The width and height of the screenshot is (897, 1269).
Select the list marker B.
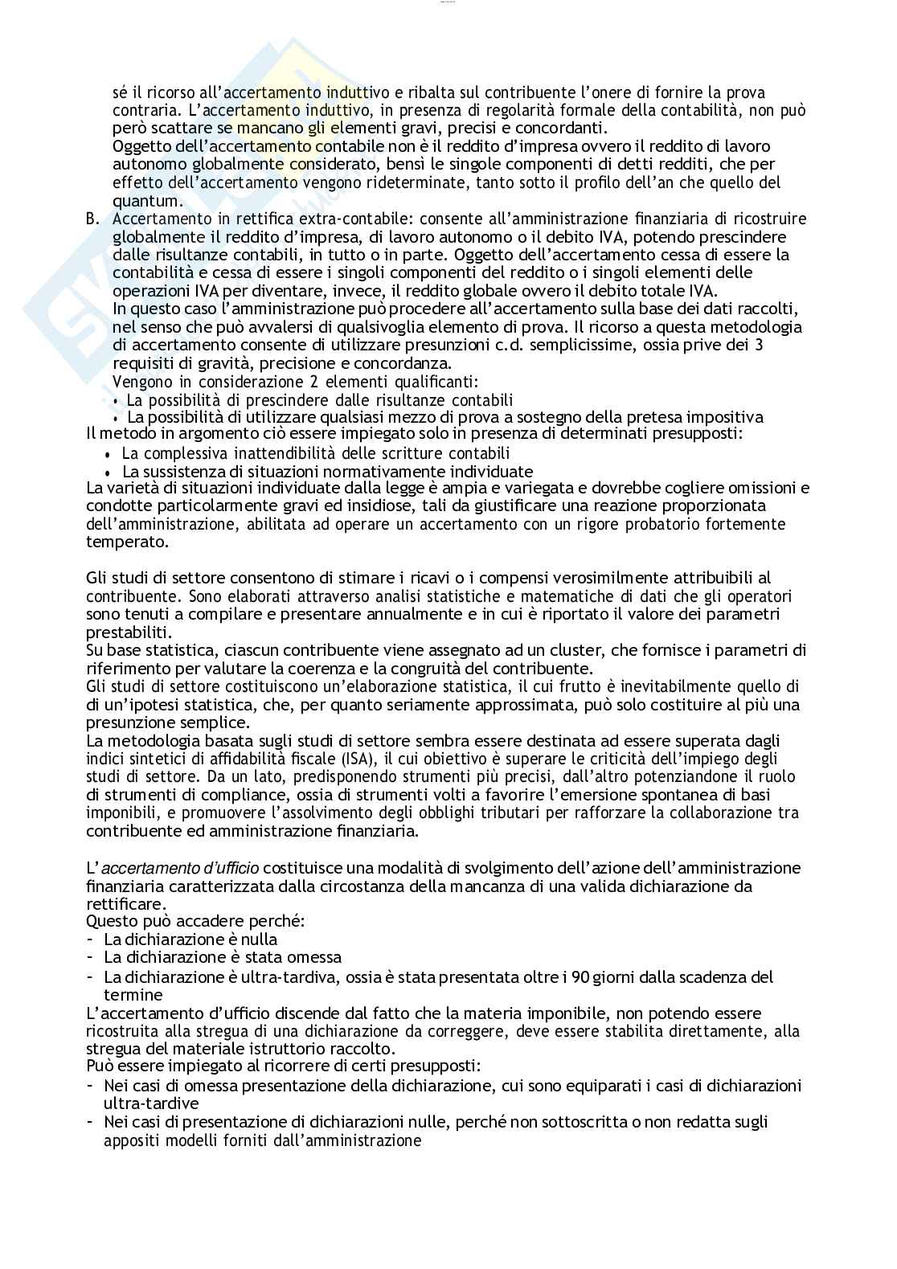click(92, 219)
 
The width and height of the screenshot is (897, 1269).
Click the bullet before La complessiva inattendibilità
click(107, 455)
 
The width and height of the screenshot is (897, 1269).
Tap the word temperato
click(128, 542)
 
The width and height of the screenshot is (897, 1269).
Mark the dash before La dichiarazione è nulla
click(91, 939)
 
